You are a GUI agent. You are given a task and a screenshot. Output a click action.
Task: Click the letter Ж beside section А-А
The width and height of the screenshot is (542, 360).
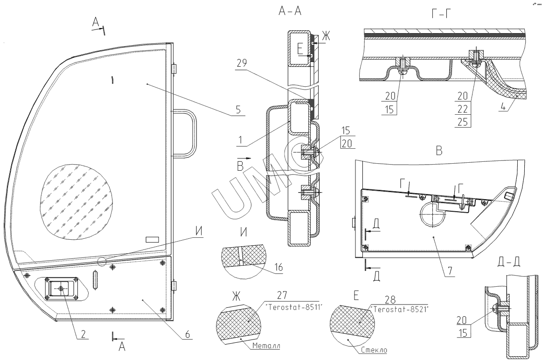click(325, 36)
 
